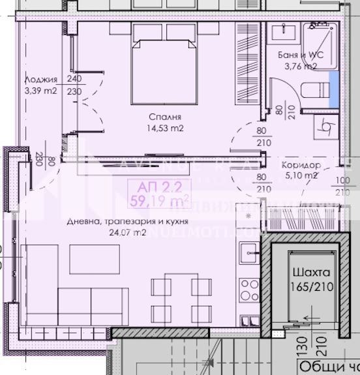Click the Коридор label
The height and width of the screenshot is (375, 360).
point(300,165)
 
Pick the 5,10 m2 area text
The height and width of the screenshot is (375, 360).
point(301,175)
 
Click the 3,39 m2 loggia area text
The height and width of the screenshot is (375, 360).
point(38,91)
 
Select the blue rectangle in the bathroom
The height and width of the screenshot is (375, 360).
point(333,85)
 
